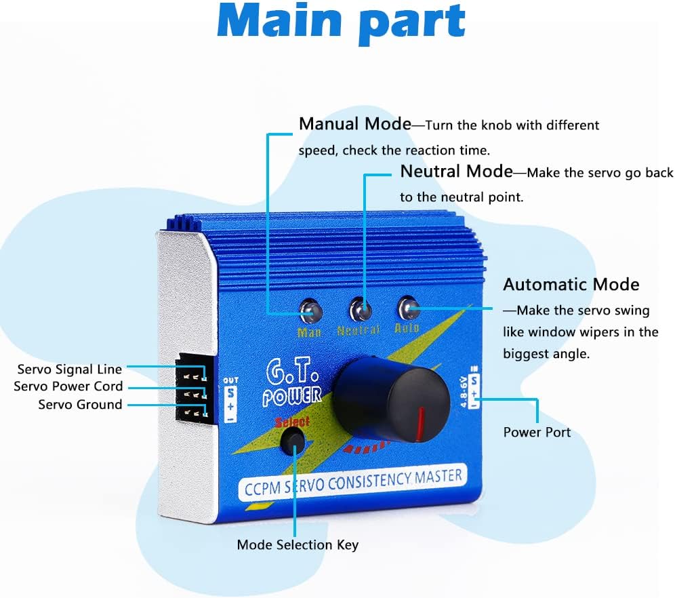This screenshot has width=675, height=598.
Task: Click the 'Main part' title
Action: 341,22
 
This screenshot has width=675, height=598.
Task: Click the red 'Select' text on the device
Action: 292,422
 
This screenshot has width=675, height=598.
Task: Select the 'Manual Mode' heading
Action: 354,124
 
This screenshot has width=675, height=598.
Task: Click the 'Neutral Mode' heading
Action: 456,172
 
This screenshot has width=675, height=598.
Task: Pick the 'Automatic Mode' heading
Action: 571,284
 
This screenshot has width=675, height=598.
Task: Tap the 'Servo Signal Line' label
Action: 70,370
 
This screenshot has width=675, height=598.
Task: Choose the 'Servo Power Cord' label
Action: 68,386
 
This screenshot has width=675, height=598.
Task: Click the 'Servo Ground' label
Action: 80,405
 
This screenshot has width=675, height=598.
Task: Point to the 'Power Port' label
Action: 537,433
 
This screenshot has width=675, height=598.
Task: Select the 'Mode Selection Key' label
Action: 298,544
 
